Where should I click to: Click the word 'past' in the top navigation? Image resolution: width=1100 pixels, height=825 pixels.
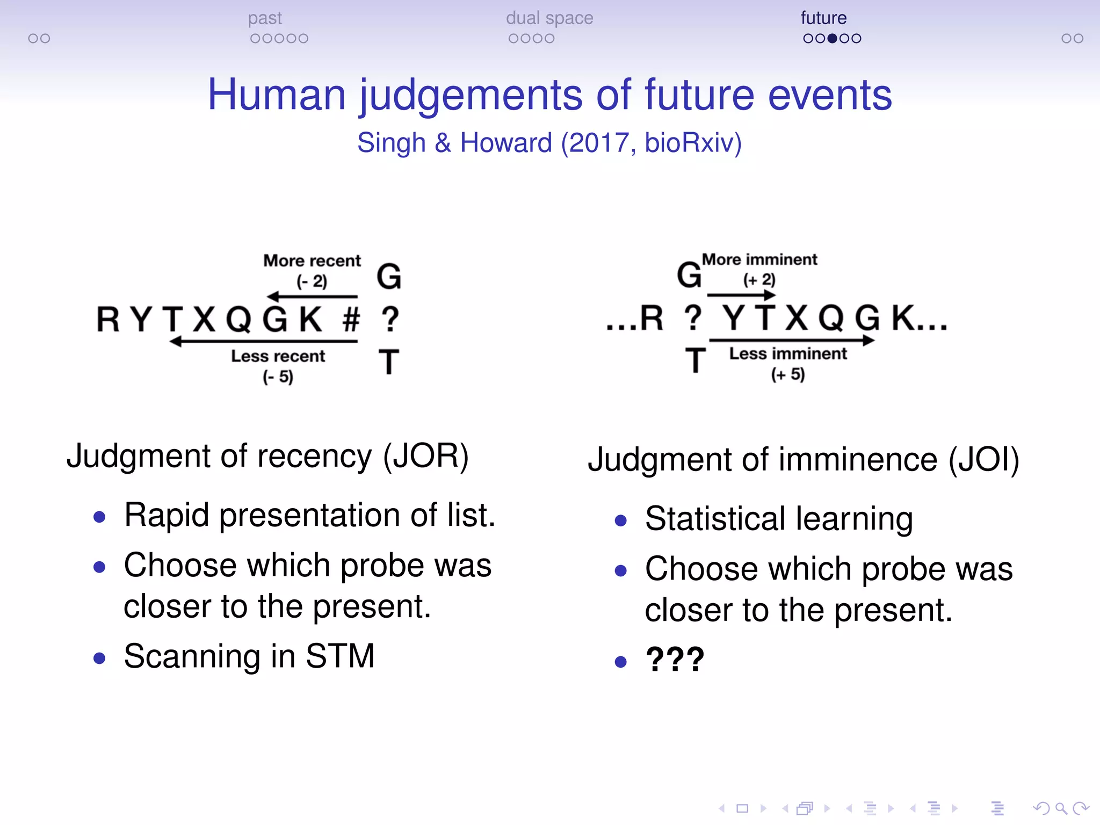[265, 18]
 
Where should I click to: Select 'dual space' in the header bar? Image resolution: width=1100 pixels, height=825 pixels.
[549, 18]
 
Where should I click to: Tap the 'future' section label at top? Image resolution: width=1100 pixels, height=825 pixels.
[823, 18]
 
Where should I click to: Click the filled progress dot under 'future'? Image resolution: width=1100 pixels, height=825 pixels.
[833, 39]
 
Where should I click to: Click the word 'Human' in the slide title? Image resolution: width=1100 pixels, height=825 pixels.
[276, 95]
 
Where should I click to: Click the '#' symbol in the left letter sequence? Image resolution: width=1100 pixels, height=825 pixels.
[351, 319]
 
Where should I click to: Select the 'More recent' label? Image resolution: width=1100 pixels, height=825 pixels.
[312, 261]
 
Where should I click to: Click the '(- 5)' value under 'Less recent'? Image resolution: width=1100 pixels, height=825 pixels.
[278, 377]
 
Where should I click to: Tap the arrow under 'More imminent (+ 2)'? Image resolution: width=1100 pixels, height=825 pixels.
[741, 295]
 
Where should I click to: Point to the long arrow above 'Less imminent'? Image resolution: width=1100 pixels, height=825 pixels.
[792, 340]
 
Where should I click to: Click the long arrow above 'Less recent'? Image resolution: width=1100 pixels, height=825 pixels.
[263, 341]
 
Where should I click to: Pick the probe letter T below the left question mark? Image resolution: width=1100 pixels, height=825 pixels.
[389, 362]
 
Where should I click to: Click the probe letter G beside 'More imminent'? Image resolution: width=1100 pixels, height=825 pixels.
[689, 275]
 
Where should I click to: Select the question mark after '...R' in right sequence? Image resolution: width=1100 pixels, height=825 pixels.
[693, 318]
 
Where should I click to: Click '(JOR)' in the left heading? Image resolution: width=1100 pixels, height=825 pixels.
[425, 457]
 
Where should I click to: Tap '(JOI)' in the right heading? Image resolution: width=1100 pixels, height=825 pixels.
[983, 460]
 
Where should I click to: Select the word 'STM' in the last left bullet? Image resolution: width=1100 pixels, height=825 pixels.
[340, 656]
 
